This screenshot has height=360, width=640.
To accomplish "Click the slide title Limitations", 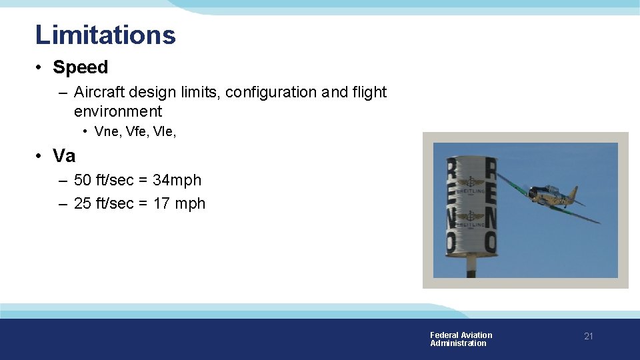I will [x=105, y=35].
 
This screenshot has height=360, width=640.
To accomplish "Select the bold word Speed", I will [x=80, y=67].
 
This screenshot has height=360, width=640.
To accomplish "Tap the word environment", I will [x=118, y=111].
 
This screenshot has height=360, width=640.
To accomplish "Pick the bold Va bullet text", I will [x=64, y=156].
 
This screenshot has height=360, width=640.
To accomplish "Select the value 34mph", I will [x=177, y=180].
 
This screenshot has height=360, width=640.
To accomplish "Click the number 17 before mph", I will [x=161, y=203].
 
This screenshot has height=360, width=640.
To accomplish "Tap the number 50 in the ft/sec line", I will [x=83, y=180].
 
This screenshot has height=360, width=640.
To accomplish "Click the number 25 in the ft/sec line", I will [x=83, y=203].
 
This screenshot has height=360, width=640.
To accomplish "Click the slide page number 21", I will [x=588, y=336].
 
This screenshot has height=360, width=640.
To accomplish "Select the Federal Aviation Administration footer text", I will [x=461, y=339].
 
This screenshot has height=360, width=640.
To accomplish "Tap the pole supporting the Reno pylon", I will [x=471, y=265].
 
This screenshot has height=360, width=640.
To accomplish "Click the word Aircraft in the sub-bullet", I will [x=98, y=92].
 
